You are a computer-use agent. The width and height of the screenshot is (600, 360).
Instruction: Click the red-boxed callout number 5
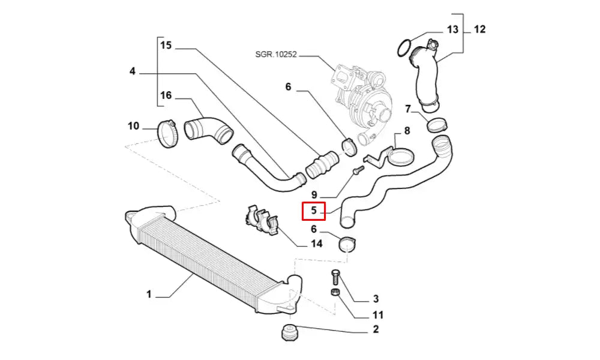pos(313,211)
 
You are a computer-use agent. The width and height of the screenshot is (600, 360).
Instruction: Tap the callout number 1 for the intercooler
pos(149,294)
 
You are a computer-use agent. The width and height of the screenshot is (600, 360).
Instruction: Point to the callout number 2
pos(376,329)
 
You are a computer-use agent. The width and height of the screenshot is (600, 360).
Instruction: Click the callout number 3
pos(376,298)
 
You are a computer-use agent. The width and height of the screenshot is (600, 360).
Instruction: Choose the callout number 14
pos(316,243)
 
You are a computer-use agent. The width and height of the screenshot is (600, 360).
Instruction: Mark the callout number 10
pos(133,126)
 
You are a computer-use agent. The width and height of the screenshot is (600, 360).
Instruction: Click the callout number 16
pos(166,95)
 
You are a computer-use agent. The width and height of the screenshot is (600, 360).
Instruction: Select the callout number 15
pos(166,45)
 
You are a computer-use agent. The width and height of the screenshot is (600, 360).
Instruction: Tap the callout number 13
pos(452,29)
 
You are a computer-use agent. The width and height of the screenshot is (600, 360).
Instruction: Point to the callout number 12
pos(480,29)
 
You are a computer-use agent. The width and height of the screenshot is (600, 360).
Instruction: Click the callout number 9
pos(314,195)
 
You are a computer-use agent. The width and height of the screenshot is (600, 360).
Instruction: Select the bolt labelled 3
pos(335,279)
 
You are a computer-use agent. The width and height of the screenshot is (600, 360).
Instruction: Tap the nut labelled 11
pos(337,293)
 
